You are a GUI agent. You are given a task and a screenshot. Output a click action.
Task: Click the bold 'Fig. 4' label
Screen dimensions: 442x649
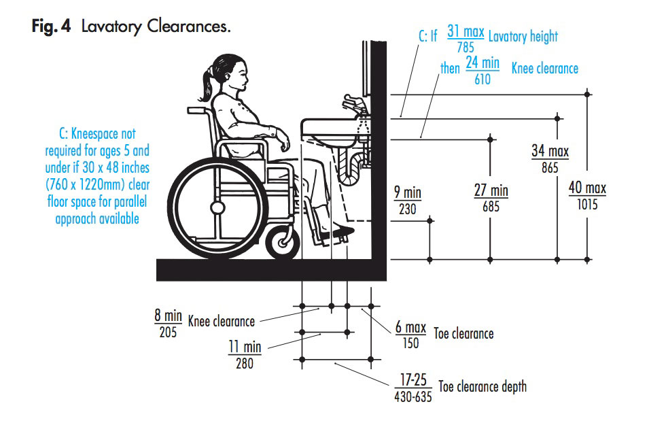pyautogui.click(x=54, y=27)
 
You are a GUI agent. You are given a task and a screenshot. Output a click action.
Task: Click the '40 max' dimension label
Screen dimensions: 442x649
pyautogui.click(x=587, y=188)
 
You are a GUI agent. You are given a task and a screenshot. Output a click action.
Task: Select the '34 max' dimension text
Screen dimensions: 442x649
pyautogui.click(x=550, y=150)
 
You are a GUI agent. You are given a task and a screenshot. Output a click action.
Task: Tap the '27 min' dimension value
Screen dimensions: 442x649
pyautogui.click(x=491, y=190)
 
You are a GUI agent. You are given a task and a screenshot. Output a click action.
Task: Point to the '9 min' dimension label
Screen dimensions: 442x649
pyautogui.click(x=408, y=193)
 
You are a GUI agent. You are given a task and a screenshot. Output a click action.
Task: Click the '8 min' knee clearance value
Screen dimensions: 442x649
pyautogui.click(x=168, y=316)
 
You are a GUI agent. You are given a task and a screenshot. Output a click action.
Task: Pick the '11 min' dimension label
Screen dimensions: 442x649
pyautogui.click(x=244, y=347)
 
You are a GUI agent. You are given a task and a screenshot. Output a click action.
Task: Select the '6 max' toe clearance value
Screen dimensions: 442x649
pyautogui.click(x=410, y=328)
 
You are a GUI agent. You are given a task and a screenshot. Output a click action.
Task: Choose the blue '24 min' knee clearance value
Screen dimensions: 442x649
pyautogui.click(x=482, y=63)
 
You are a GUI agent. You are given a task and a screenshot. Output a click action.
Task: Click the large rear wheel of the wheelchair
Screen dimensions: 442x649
pyautogui.click(x=217, y=207)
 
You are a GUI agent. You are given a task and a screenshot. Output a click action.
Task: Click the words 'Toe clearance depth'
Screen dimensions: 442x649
pyautogui.click(x=483, y=387)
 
